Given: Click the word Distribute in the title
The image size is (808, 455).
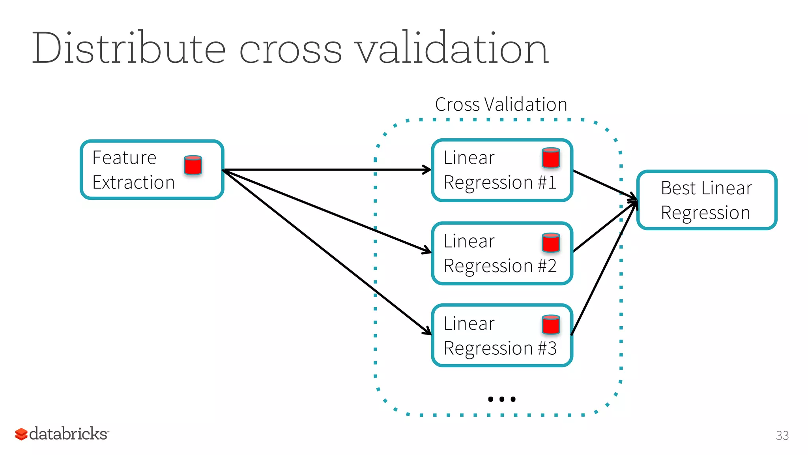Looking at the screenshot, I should [128, 48].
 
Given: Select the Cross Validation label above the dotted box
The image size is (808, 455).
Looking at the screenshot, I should [501, 105].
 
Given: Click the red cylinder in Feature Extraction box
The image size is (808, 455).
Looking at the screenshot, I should [193, 165].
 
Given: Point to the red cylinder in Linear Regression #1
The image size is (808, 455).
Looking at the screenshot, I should [551, 158].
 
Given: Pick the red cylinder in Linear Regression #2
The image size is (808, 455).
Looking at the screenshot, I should [551, 243].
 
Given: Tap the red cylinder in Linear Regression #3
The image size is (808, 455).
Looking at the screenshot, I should [551, 325].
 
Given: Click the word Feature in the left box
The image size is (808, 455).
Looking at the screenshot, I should [124, 158].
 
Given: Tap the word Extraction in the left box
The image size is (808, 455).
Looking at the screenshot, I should [133, 183].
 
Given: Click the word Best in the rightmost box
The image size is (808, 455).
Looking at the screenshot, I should [678, 188].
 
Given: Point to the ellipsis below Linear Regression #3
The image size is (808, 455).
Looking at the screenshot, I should [501, 399].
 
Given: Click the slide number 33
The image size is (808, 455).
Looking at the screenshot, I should [782, 435].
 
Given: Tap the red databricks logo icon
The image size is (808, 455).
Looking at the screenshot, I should [21, 434].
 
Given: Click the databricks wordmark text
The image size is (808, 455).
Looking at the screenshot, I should [68, 434].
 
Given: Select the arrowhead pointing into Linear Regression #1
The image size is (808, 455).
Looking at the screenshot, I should [427, 170].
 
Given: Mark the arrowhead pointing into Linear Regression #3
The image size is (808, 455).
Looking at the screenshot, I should [428, 331].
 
